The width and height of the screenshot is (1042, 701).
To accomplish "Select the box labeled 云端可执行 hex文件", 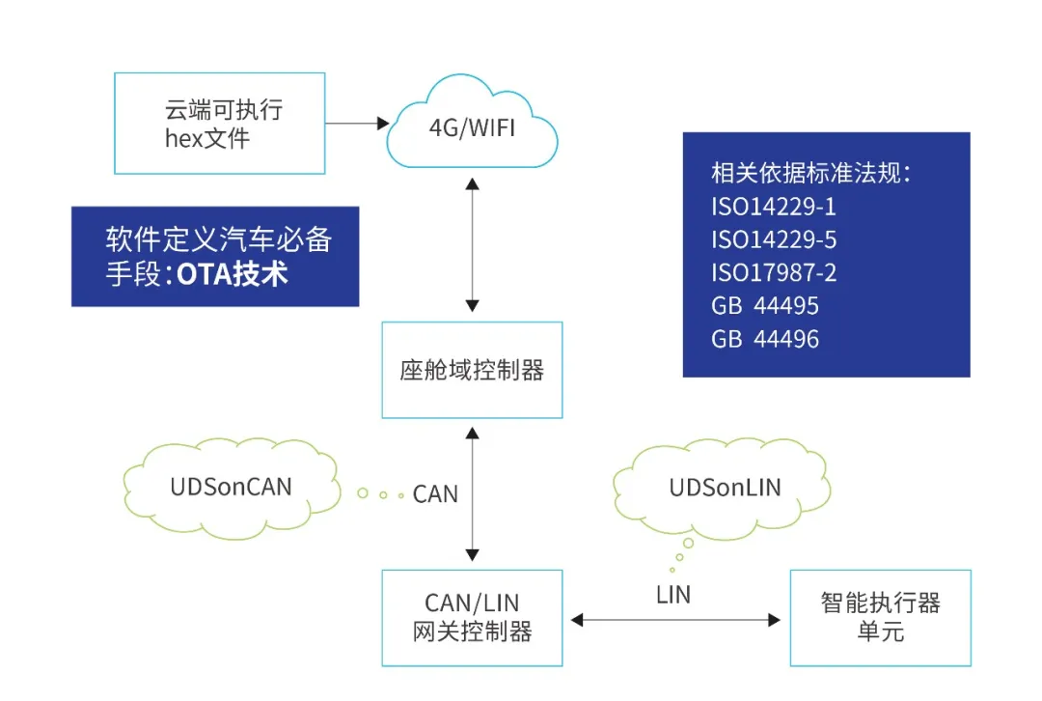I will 220,125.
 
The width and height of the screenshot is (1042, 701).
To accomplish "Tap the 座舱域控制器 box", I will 472,370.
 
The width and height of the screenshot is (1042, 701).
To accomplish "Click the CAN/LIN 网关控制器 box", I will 472,618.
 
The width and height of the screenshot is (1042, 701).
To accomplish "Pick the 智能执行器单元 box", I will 880,618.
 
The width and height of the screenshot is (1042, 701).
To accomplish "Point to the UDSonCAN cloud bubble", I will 232,486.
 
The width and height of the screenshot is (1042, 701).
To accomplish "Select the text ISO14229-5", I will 775,239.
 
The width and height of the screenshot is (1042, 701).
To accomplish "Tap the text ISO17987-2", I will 774,273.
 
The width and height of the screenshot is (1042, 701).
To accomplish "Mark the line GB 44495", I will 765,307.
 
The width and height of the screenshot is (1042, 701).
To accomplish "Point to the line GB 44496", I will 765,340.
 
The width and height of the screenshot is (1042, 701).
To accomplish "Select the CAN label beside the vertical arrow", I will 435,494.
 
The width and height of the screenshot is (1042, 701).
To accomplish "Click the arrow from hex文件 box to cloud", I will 357,124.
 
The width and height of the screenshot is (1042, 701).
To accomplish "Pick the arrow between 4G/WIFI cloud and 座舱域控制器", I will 472,244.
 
